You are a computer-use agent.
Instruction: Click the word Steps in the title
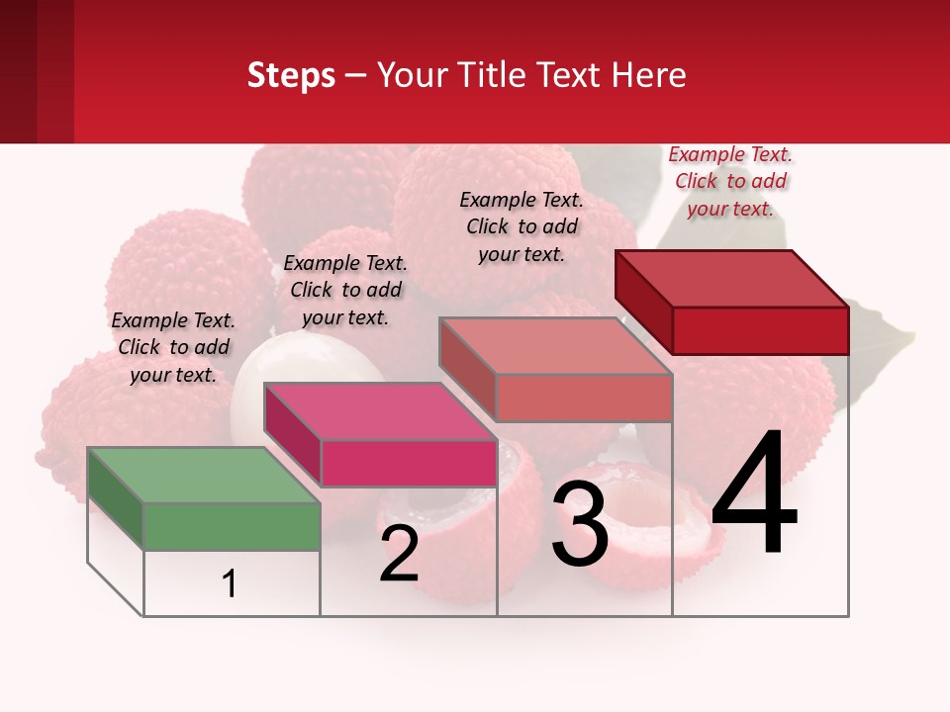click(x=291, y=75)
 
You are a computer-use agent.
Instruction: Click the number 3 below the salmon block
click(x=580, y=524)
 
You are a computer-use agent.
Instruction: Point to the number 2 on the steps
click(x=399, y=555)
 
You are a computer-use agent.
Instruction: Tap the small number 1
click(x=230, y=584)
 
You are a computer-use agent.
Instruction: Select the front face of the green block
click(x=233, y=526)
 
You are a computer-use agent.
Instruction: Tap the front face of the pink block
click(x=409, y=463)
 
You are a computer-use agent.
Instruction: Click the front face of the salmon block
click(x=584, y=398)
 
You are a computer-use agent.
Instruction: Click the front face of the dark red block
click(x=760, y=330)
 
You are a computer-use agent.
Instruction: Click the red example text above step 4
click(x=730, y=181)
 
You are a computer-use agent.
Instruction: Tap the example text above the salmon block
click(x=522, y=226)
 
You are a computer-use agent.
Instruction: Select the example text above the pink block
click(x=345, y=290)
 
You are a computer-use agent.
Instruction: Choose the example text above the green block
click(x=173, y=347)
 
